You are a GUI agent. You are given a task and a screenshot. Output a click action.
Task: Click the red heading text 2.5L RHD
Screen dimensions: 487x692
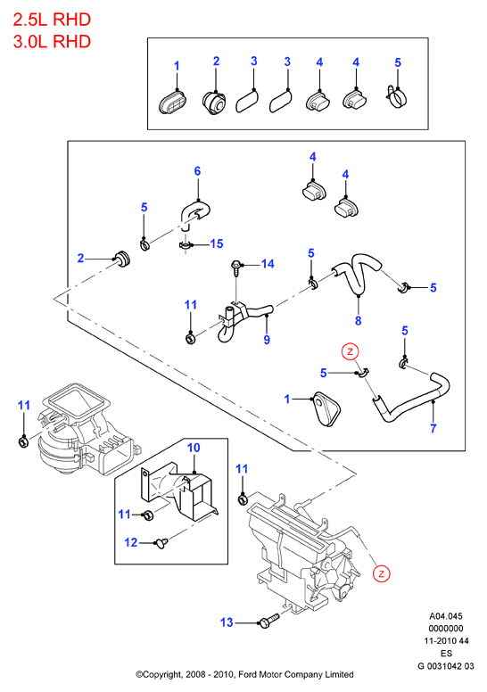coord(52,20)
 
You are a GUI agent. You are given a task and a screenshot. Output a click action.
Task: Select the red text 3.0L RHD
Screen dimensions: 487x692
coord(52,42)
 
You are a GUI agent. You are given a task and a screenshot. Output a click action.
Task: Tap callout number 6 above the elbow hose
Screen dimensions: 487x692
coord(197,171)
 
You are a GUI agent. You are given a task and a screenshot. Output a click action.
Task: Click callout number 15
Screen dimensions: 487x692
coord(217,243)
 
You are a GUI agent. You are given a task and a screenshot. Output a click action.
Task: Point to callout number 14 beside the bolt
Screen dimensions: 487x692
coord(268,264)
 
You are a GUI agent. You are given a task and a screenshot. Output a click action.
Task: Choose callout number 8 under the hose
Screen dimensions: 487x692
coord(358,321)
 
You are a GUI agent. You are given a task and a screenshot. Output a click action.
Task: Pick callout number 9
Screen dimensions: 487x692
coord(267,340)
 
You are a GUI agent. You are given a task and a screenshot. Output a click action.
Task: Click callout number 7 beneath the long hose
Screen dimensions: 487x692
coord(433,428)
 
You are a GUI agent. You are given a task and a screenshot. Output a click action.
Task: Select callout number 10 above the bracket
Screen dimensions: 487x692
coord(194,448)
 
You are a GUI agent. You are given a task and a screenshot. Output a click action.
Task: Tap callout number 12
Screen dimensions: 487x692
coord(131,542)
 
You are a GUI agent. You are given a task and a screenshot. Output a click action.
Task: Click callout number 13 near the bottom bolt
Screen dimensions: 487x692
coord(227,622)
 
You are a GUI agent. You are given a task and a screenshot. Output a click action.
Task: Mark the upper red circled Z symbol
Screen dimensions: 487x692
coord(351,351)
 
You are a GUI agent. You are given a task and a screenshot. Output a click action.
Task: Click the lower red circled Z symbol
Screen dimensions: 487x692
coord(381,573)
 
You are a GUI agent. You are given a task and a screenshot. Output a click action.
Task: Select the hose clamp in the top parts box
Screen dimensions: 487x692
coord(398,95)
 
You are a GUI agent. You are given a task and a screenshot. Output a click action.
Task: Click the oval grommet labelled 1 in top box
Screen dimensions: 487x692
coord(172,103)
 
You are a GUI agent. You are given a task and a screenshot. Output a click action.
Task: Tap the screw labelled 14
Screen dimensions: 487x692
coord(235,268)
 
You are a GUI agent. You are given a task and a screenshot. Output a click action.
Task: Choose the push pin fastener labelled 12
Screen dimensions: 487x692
coord(161,542)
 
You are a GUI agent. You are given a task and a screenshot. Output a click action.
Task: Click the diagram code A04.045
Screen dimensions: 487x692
coord(446,616)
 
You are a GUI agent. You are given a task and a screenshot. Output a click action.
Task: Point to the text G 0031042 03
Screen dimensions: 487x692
coord(446,665)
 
